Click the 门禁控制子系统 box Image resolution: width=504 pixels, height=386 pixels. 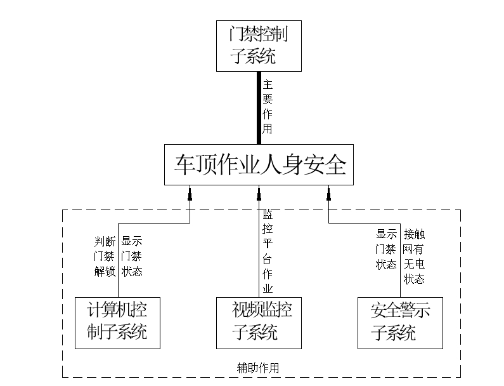tap(258, 45)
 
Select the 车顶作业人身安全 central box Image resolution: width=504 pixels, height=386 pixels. tap(259, 164)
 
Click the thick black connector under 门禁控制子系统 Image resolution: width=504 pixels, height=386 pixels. tap(259, 107)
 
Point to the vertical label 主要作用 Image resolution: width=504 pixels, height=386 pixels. tap(268, 106)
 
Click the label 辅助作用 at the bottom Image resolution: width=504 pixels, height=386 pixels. tap(258, 368)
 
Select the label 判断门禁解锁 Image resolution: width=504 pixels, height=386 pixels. tap(104, 256)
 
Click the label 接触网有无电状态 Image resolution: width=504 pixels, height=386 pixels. tap(414, 256)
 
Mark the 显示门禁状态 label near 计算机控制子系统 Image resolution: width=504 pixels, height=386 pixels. tap(132, 256)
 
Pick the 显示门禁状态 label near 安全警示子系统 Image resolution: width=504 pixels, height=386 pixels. tap(386, 249)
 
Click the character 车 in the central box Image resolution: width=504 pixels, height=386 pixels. tap(184, 165)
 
